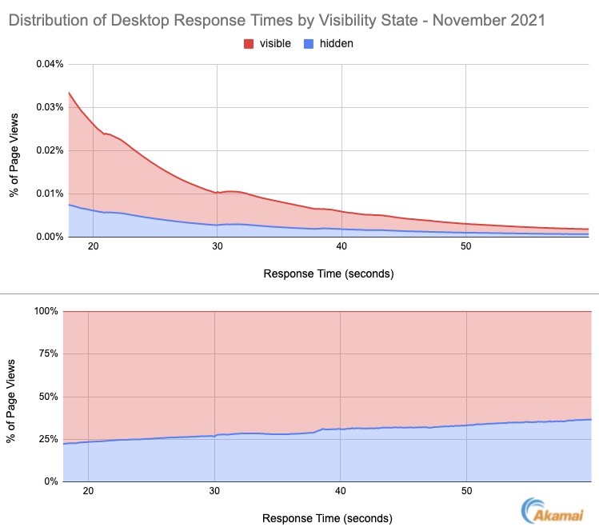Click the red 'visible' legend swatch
click(249, 44)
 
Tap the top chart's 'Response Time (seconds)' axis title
click(328, 273)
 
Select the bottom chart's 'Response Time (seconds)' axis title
click(328, 518)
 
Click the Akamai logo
click(555, 512)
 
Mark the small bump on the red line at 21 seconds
click(106, 133)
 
